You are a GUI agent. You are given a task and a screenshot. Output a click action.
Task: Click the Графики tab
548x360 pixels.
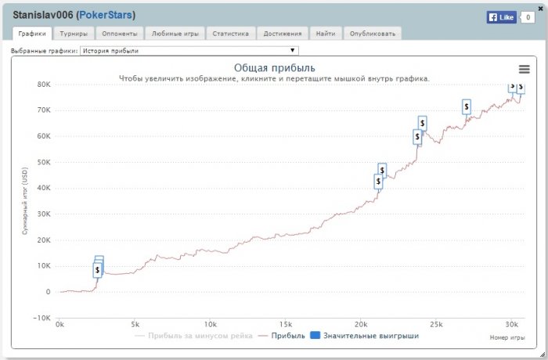32,34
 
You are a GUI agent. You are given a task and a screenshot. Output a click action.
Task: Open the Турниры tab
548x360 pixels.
74,34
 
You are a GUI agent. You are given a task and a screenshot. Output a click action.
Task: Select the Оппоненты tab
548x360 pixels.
121,34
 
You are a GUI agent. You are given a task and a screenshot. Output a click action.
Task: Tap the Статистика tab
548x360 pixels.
231,34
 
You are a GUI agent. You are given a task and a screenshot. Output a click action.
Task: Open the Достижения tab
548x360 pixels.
281,34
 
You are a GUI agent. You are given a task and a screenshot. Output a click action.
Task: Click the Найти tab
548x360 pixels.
325,34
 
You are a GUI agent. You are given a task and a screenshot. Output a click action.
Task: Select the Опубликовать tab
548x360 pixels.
372,34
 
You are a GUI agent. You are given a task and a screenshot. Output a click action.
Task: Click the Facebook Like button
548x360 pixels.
501,16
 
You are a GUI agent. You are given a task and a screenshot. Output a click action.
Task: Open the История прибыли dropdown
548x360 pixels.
189,51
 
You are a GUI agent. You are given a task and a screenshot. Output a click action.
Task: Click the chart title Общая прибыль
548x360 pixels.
274,67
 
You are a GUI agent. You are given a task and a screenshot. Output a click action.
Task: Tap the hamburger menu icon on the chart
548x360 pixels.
525,69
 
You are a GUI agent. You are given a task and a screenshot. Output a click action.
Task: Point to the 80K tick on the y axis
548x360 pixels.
43,85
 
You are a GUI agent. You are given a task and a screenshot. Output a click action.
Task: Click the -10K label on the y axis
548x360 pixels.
41,318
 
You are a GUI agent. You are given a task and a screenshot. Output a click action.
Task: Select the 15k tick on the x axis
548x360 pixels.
285,325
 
